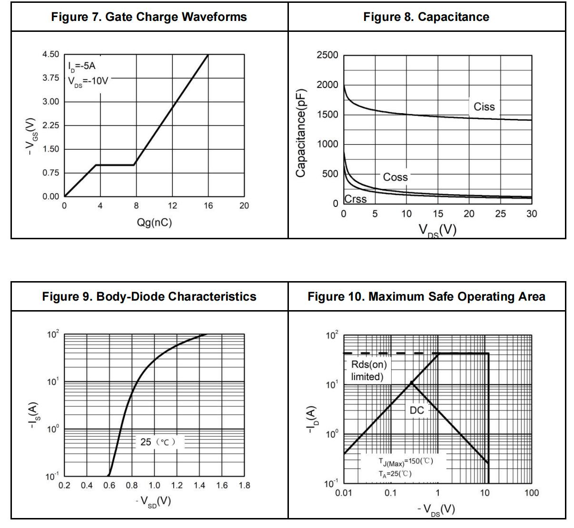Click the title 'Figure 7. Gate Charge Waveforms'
tap(149, 17)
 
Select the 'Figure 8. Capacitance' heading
tap(426, 17)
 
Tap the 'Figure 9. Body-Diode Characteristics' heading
tap(149, 297)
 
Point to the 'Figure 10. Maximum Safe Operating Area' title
tap(426, 297)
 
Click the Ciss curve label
tap(484, 107)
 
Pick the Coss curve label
tap(395, 177)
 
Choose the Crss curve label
tap(356, 199)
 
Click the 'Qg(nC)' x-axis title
tap(154, 222)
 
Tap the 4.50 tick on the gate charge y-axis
tap(51, 54)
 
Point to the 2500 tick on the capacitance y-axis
tap(327, 55)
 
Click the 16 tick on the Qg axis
tap(208, 206)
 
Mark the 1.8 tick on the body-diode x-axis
tap(244, 486)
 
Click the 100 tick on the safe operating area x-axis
tap(532, 493)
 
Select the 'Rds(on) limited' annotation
tap(368, 371)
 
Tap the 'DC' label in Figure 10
tap(416, 411)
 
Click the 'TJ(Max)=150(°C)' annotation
tap(406, 461)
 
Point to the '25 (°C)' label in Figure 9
tap(158, 442)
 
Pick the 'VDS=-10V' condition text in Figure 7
tap(88, 81)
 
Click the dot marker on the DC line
tap(412, 382)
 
